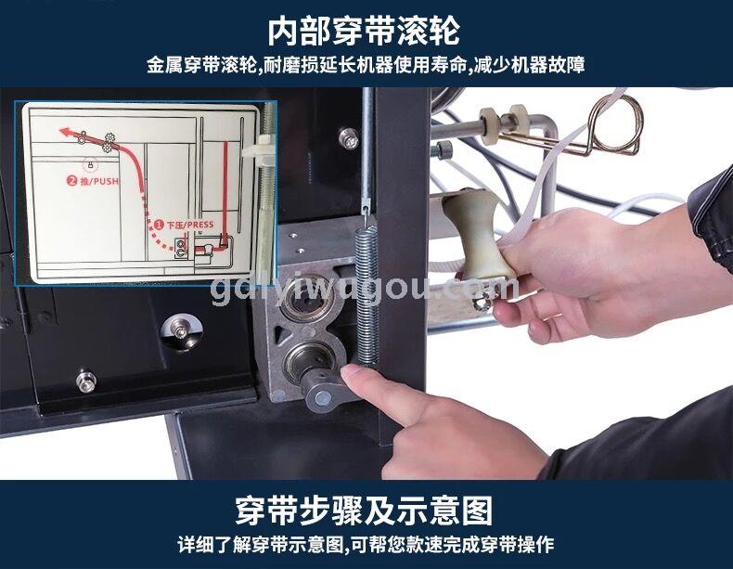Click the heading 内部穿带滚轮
(364, 32)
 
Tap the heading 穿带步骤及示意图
(364, 511)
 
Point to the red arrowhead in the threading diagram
(64, 132)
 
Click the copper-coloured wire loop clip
(608, 126)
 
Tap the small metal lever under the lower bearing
(327, 392)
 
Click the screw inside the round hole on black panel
(181, 331)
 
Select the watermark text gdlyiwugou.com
(364, 289)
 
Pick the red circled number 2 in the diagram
(72, 180)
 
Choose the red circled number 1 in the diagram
(160, 225)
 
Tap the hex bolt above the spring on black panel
(349, 138)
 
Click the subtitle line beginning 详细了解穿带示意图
(365, 545)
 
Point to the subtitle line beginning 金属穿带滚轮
(365, 65)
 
